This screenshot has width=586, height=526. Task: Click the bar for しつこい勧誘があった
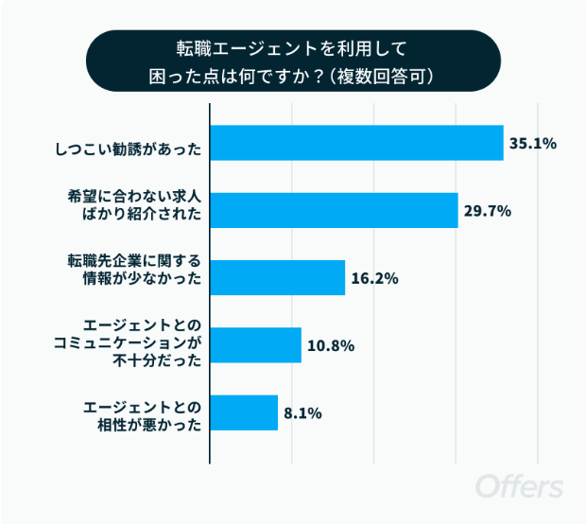(x=356, y=144)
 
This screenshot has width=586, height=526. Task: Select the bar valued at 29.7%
(x=334, y=211)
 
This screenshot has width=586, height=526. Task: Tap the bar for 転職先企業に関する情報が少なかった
(x=277, y=278)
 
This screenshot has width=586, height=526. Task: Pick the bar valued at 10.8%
(x=255, y=345)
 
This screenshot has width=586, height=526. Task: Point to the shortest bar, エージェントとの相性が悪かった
(x=244, y=412)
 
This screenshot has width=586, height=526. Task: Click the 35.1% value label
(x=533, y=144)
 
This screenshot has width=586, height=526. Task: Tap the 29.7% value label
(x=487, y=211)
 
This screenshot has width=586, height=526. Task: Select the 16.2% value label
(x=374, y=278)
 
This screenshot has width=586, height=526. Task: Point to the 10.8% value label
(x=330, y=345)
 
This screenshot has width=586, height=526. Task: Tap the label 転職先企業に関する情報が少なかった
(x=135, y=272)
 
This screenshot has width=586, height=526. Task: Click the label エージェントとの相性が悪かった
(x=143, y=413)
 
